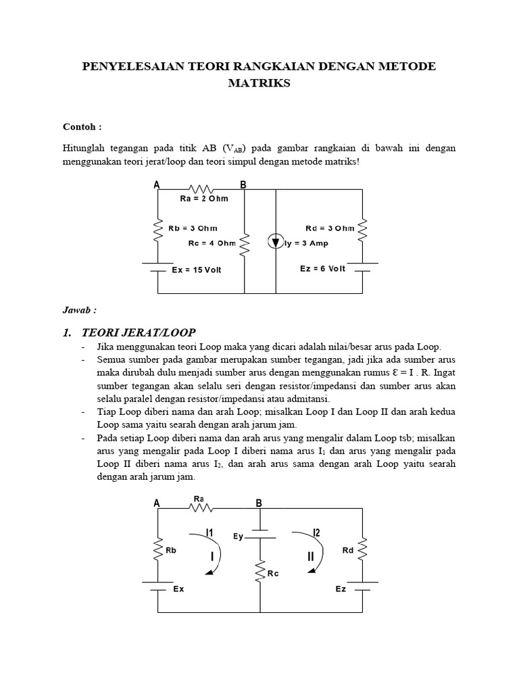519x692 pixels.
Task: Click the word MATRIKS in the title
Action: pyautogui.click(x=259, y=83)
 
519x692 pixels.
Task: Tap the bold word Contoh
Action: pyautogui.click(x=82, y=126)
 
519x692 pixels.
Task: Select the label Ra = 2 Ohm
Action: pyautogui.click(x=204, y=199)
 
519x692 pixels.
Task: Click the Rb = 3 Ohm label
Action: pyautogui.click(x=194, y=228)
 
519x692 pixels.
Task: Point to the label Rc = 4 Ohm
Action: pyautogui.click(x=212, y=243)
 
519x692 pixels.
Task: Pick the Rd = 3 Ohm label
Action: pyautogui.click(x=325, y=228)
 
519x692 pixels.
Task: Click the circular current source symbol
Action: pyautogui.click(x=276, y=242)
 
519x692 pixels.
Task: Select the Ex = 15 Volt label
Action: pyautogui.click(x=197, y=270)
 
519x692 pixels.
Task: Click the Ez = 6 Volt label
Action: pyautogui.click(x=322, y=269)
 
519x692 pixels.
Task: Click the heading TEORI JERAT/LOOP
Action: pyautogui.click(x=139, y=332)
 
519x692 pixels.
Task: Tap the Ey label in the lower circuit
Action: pyautogui.click(x=237, y=537)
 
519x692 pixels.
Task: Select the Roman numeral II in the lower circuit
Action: pyautogui.click(x=311, y=557)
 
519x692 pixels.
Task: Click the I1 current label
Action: pyautogui.click(x=210, y=534)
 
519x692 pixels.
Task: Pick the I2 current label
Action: pyautogui.click(x=316, y=534)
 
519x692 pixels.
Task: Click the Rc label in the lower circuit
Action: pyautogui.click(x=273, y=574)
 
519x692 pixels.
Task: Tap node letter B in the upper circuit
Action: pyautogui.click(x=243, y=185)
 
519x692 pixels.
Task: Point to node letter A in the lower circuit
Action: pyautogui.click(x=157, y=503)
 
